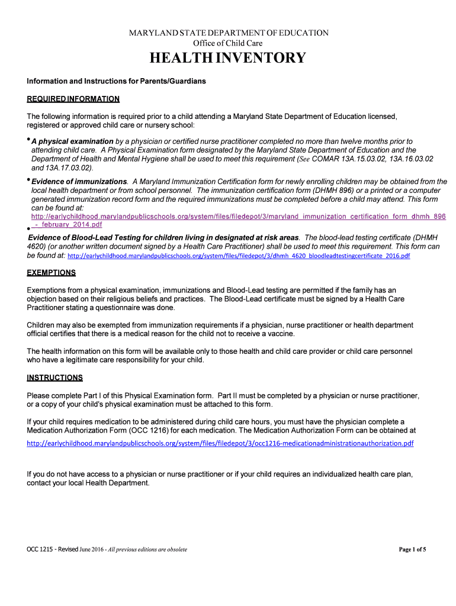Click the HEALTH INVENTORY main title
point(228,58)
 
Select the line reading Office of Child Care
point(228,43)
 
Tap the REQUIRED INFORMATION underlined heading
point(73,99)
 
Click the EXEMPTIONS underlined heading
point(51,273)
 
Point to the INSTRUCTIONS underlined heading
point(54,378)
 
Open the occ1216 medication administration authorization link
point(220,443)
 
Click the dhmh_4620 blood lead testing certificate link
point(239,256)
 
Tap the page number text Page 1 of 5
point(412,549)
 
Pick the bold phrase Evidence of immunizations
point(79,181)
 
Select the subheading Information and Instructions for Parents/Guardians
point(116,80)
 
